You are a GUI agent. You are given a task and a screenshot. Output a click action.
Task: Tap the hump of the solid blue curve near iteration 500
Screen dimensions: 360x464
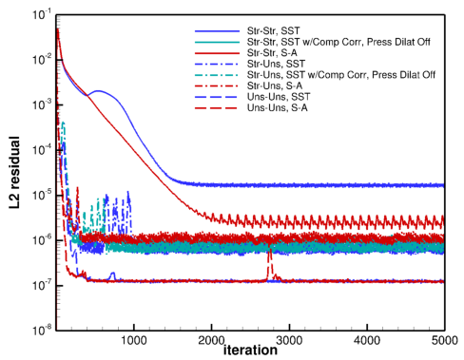(98, 92)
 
